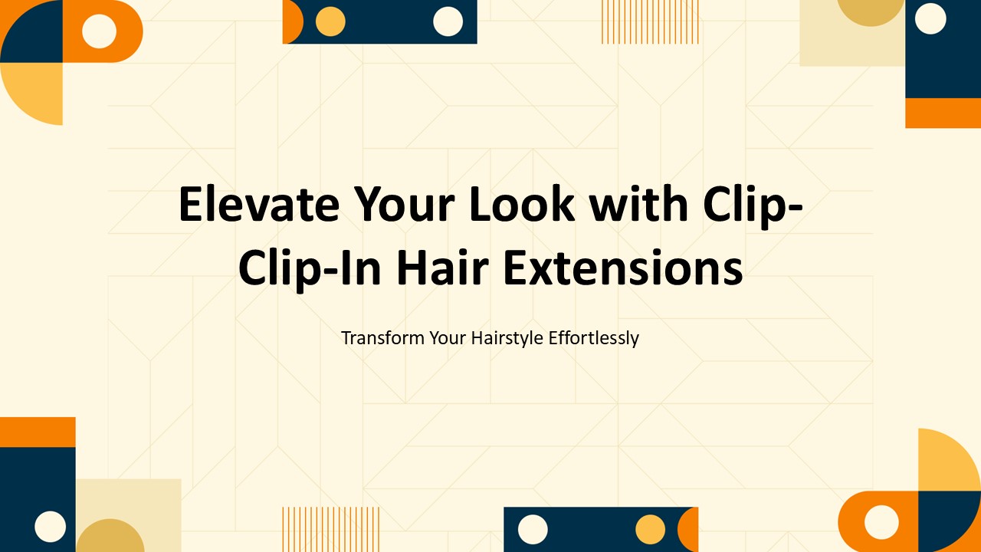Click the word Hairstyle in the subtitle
[x=505, y=338]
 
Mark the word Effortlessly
[x=594, y=338]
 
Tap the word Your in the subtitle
[x=447, y=338]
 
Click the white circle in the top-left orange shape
[x=99, y=31]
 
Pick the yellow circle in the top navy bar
[x=330, y=21]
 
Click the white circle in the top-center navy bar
[x=448, y=21]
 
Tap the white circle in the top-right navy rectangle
[x=931, y=19]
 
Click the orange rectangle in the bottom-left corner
[x=38, y=432]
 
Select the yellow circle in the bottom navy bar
[x=651, y=530]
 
